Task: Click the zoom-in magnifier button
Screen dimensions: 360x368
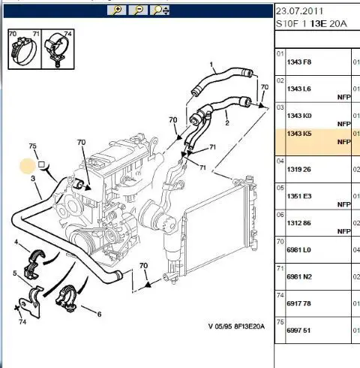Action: click(116, 11)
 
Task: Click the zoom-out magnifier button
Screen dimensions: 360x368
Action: click(138, 11)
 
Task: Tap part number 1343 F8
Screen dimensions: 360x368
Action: click(299, 62)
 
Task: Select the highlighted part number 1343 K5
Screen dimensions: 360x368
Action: click(299, 134)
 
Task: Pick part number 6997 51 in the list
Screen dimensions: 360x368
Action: click(298, 330)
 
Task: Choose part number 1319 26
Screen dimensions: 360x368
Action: click(298, 169)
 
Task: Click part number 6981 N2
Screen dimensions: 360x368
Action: click(299, 276)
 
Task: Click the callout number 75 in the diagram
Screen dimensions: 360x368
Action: click(32, 146)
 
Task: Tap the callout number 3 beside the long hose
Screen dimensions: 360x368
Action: click(33, 178)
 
